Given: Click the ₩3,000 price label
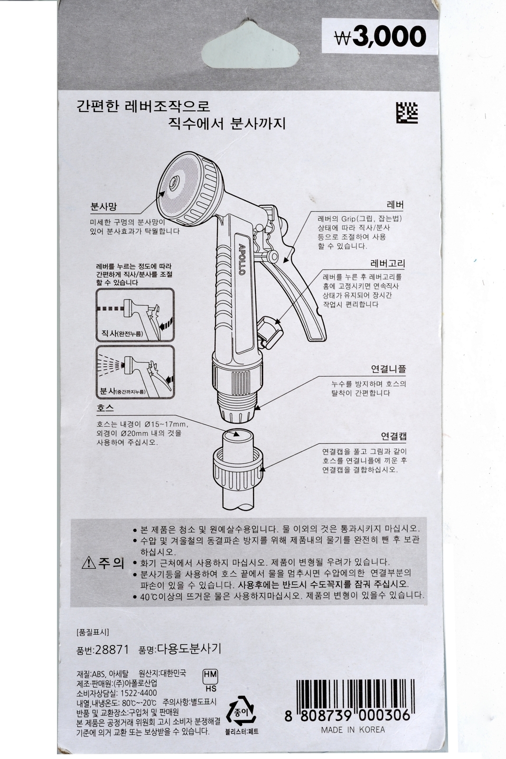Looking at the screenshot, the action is point(380,37).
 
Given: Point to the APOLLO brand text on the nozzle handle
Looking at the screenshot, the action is point(241,259).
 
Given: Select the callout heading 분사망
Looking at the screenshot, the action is point(103,206).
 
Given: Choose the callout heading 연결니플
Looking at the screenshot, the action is point(388,369).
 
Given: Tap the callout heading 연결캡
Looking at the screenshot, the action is point(394,436).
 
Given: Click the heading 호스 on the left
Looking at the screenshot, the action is point(105,407).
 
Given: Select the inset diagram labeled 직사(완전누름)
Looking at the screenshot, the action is point(135,315).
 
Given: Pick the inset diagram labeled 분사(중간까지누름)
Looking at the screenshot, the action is point(135,372).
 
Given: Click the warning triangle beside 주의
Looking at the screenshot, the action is point(89,563).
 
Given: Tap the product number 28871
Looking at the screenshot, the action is point(112,649).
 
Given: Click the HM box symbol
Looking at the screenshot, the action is point(210,674).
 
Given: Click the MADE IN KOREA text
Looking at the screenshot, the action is point(353,730).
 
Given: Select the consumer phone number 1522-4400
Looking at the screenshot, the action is point(139,693).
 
